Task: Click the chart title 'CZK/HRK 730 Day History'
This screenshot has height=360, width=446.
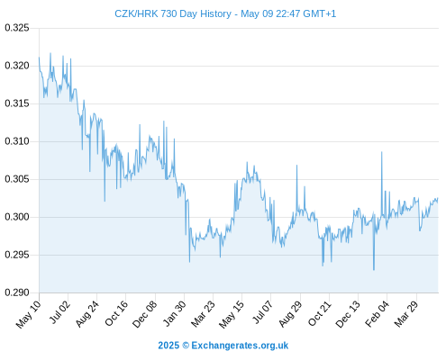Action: click(x=173, y=13)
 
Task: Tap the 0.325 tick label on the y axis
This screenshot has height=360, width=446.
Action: click(x=17, y=28)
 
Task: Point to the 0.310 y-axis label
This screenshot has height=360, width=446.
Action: click(x=17, y=141)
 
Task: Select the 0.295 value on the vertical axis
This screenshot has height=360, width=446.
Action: click(x=17, y=255)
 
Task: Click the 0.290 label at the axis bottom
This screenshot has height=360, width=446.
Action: click(x=17, y=292)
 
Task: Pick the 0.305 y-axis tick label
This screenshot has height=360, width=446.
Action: click(x=17, y=179)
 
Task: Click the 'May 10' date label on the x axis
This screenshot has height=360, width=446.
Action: click(x=29, y=314)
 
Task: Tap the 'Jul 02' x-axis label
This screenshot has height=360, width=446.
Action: click(x=59, y=312)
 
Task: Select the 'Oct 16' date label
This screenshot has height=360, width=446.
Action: click(x=115, y=313)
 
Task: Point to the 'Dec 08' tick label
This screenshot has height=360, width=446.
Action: click(x=144, y=314)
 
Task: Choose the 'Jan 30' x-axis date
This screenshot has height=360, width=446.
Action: click(x=174, y=313)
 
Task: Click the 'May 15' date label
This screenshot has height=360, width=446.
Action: click(x=231, y=314)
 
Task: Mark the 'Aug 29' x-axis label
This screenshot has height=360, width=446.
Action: click(x=290, y=314)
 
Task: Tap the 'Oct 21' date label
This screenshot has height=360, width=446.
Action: click(x=319, y=313)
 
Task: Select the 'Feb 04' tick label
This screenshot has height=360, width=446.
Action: click(x=377, y=313)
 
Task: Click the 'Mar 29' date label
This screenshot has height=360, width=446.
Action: click(x=405, y=314)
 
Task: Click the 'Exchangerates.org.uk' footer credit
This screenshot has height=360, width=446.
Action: click(x=240, y=346)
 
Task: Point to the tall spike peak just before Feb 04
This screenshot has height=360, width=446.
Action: click(x=382, y=152)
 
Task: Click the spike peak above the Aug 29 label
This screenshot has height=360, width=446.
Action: click(x=296, y=165)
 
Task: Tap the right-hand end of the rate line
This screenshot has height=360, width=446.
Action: click(x=438, y=199)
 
